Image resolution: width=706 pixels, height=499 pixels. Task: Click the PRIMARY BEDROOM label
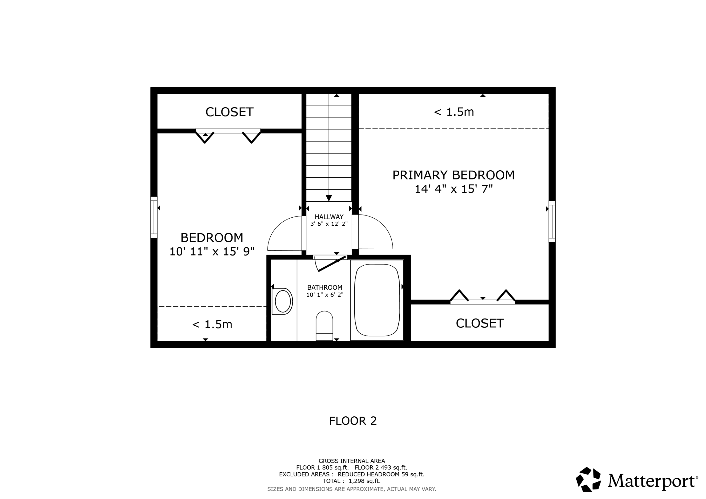pos(453,175)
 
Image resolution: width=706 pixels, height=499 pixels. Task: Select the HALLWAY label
pos(329,217)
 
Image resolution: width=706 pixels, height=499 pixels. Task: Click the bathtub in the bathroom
pos(377,300)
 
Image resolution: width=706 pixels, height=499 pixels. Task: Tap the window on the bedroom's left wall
pos(154,217)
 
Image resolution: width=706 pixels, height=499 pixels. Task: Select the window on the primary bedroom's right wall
pos(552,221)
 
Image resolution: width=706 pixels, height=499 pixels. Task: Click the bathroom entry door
pos(331,264)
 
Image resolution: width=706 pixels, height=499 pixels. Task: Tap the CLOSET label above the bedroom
pos(229,112)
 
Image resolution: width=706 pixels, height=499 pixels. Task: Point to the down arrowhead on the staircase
pos(329,198)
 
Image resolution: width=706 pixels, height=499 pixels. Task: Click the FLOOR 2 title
pos(353,421)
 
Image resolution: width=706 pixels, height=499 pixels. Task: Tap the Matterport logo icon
pos(588,480)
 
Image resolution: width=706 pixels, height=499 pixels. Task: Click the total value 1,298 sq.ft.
pos(364,481)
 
